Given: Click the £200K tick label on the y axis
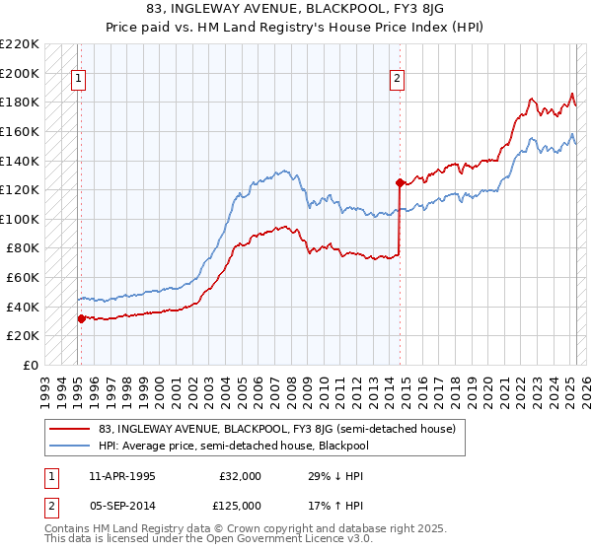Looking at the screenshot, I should (x=20, y=73).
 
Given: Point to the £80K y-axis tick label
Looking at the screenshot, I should (x=23, y=248).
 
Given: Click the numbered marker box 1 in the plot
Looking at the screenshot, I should (x=79, y=81).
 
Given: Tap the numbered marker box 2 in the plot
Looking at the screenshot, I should (x=397, y=81).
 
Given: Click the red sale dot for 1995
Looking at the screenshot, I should (x=81, y=318).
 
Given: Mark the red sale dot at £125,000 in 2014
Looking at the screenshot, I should (x=400, y=182).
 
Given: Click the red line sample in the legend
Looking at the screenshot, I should (x=71, y=429).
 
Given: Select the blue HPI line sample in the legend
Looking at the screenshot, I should (x=71, y=447).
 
